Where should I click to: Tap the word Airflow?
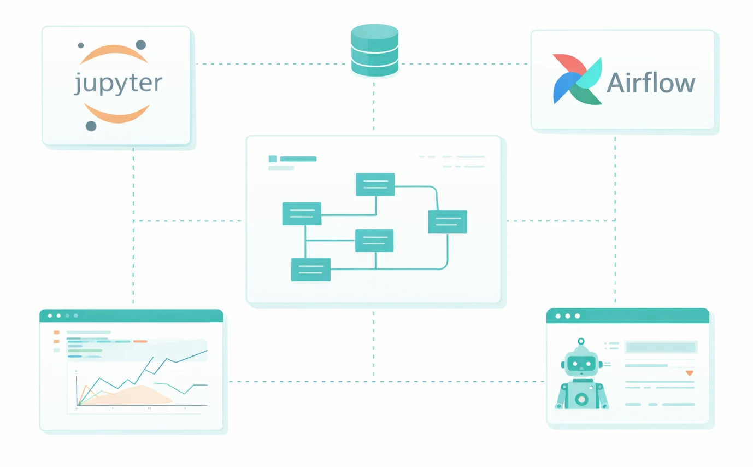coord(651,83)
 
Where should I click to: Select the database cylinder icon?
coord(374,50)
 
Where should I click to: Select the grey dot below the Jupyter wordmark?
coord(91,126)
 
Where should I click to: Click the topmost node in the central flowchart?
coord(375,184)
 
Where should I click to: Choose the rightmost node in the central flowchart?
coord(448,221)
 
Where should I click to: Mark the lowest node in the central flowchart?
coord(310,270)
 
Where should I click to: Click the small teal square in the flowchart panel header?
coord(273,159)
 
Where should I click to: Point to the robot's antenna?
coord(581,342)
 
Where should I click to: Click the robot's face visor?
coord(581,362)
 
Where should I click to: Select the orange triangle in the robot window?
coord(689,373)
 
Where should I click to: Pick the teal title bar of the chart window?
coord(131,316)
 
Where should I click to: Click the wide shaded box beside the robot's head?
coord(661,347)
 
